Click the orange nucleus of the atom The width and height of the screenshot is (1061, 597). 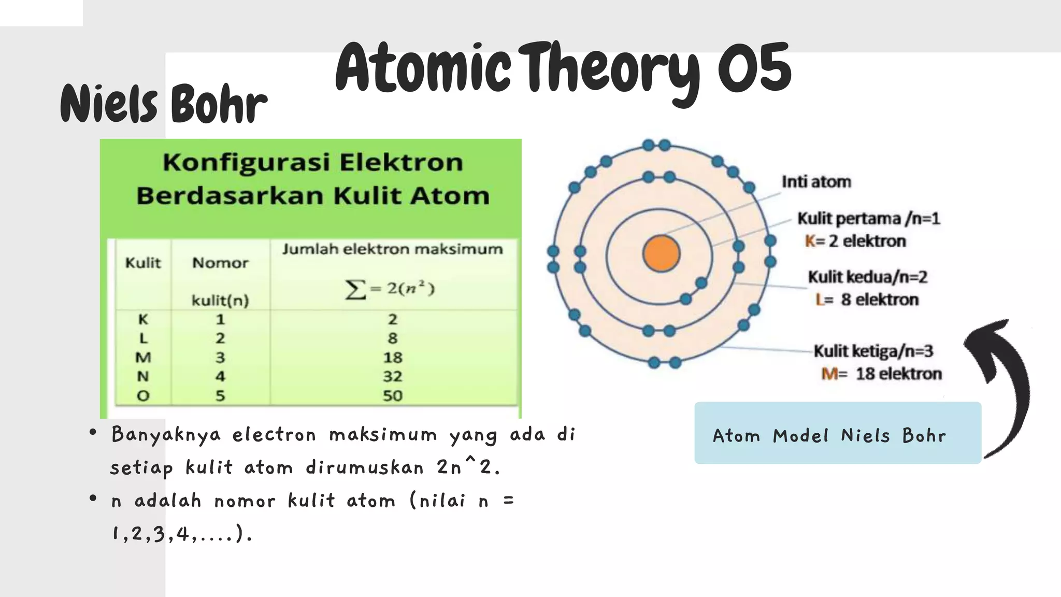tap(661, 253)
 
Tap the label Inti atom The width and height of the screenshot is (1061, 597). tap(816, 182)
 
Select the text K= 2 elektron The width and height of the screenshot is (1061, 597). tap(855, 241)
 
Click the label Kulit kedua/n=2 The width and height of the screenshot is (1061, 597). tap(868, 277)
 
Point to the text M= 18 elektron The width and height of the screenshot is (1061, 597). tap(881, 374)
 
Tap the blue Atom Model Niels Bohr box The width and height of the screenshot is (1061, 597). tap(837, 433)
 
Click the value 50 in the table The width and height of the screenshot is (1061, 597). tap(392, 396)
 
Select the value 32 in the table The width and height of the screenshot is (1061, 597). tap(392, 376)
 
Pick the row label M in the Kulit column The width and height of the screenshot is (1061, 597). tap(143, 358)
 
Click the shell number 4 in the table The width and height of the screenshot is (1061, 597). tap(220, 376)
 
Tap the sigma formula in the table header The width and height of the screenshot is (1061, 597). tap(390, 289)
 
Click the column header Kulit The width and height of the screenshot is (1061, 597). tap(143, 263)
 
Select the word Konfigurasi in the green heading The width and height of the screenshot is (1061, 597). tap(246, 162)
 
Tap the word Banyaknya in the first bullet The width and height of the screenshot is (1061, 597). tap(166, 434)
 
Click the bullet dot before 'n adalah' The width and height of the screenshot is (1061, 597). tap(93, 499)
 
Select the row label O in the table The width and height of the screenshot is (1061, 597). tap(143, 396)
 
